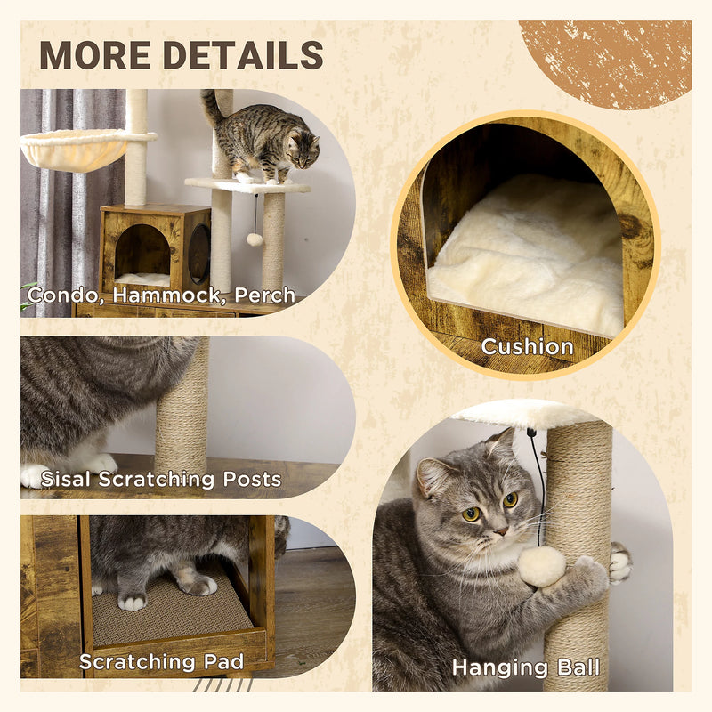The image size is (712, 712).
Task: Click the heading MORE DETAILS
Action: [181, 55]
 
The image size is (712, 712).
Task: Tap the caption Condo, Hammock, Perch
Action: [161, 295]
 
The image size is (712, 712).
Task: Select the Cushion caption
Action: [527, 346]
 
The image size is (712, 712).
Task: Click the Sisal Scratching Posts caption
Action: [161, 480]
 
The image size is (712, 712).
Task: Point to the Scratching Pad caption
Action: [161, 661]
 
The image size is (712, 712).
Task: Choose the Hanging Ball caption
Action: [525, 667]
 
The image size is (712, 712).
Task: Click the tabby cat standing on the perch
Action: [263, 138]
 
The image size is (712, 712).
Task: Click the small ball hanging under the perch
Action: [255, 239]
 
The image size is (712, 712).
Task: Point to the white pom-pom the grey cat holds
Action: [542, 566]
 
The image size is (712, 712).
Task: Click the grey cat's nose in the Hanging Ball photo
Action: [500, 531]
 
